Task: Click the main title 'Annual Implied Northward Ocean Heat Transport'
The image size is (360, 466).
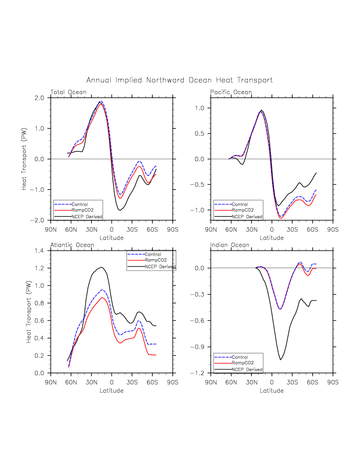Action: [x=179, y=80]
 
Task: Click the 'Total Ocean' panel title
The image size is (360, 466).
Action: [x=68, y=92]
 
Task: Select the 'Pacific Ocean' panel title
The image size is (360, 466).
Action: [x=231, y=92]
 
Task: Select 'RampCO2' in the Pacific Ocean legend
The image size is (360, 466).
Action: [x=242, y=210]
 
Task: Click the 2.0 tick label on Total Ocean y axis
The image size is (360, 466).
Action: [x=39, y=98]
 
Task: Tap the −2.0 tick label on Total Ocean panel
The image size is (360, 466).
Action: [x=37, y=220]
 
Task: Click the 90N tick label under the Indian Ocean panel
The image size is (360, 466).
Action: [x=211, y=383]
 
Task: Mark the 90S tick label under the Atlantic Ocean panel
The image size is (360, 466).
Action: [x=172, y=383]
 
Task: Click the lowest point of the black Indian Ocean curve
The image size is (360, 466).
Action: [x=281, y=360]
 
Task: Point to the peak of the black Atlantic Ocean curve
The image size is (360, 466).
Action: [x=102, y=267]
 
